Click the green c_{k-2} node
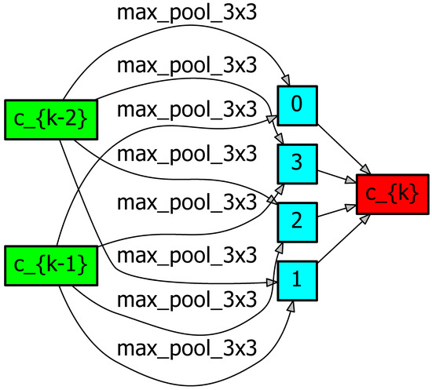[44, 119]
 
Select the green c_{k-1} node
[44, 265]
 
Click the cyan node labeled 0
[297, 105]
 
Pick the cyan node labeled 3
[297, 163]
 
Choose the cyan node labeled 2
[297, 221]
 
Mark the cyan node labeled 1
[297, 280]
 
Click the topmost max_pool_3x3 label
[187, 13]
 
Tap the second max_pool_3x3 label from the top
[187, 65]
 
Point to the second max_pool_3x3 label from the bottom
[187, 301]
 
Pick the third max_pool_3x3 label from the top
[187, 108]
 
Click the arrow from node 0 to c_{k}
[344, 150]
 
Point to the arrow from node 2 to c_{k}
[337, 211]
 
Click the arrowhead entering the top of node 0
[288, 81]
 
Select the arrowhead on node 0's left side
[272, 119]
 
